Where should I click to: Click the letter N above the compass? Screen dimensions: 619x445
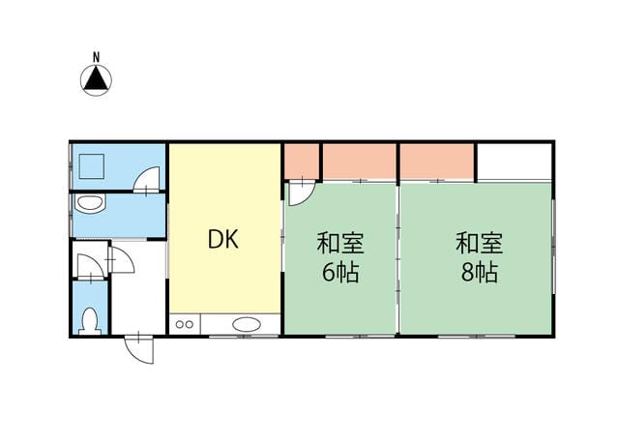(x=96, y=57)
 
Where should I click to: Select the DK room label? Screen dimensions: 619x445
(x=223, y=239)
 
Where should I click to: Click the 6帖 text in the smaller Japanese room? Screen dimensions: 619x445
(x=340, y=272)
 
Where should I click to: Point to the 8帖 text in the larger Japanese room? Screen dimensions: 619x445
(x=480, y=272)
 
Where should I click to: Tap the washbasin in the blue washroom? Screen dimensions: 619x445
(x=91, y=204)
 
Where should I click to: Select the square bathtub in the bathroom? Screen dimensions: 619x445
(x=92, y=167)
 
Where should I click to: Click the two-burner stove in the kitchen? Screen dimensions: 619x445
(x=185, y=325)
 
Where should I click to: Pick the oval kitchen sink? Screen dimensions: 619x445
(x=247, y=325)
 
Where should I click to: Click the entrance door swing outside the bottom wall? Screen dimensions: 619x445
(x=138, y=349)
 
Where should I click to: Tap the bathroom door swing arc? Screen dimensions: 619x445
(x=146, y=180)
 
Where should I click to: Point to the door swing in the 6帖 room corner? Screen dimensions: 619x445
(x=302, y=193)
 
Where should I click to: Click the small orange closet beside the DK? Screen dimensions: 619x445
(x=302, y=162)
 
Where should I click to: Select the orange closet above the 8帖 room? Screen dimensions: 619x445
(x=437, y=162)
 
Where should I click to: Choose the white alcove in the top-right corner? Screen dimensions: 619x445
(x=515, y=162)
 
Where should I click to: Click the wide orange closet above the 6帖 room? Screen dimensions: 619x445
(x=360, y=162)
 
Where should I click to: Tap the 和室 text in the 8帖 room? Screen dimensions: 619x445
(x=480, y=243)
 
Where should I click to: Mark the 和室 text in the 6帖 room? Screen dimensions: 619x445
(x=340, y=243)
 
